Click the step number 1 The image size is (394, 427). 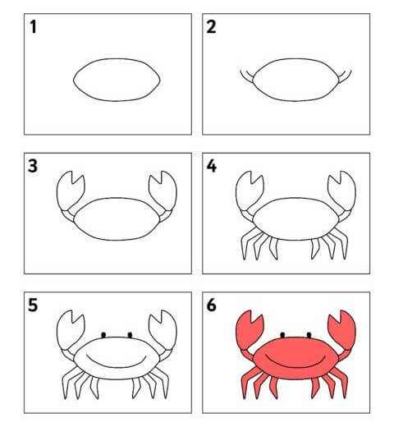tap(33, 27)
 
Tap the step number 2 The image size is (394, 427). tap(211, 27)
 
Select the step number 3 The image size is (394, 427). tap(33, 166)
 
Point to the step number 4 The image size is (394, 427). tap(212, 166)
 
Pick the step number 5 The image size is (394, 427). tap(33, 305)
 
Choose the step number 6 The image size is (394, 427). tap(211, 305)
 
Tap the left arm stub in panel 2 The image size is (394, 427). tap(247, 76)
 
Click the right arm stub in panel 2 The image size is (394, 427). tap(345, 76)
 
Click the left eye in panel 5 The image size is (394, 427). tap(103, 335)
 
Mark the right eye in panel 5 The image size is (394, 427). tap(130, 335)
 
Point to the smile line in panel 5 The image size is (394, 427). tap(117, 365)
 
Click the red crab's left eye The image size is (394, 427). tap(282, 335)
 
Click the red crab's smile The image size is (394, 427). tap(295, 365)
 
